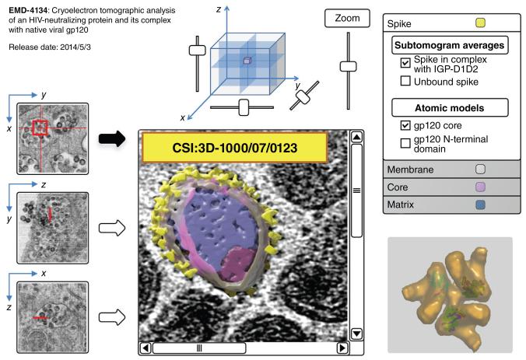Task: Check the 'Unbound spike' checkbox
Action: [405, 80]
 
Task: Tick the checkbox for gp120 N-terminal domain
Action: [405, 142]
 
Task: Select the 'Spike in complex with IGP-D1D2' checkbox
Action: [405, 62]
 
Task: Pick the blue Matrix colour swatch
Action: [480, 204]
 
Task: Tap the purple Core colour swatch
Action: [480, 187]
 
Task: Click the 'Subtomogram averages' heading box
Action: [449, 44]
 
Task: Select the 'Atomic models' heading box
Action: [449, 107]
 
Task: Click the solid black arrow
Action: [114, 140]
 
